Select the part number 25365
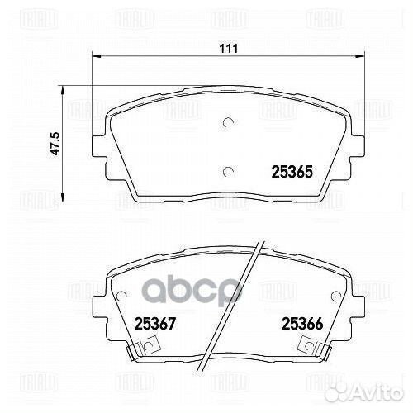(291, 173)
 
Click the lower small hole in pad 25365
(228, 171)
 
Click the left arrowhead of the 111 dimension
(94, 57)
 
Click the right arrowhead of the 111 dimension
(362, 57)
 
